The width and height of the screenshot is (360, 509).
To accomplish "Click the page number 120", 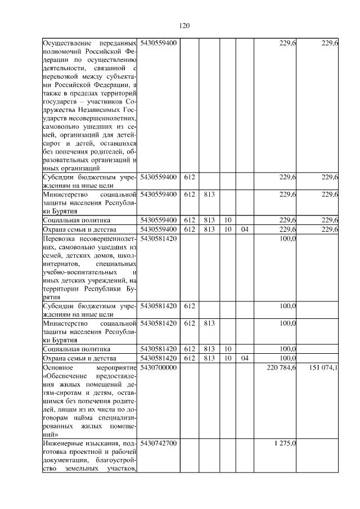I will tap(184, 25).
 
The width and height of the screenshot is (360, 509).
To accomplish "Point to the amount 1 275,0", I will tap(285, 444).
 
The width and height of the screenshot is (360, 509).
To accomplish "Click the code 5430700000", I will tap(159, 367).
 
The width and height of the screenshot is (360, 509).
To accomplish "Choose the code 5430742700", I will tap(159, 444).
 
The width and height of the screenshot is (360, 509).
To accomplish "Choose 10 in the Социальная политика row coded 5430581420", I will tap(227, 349).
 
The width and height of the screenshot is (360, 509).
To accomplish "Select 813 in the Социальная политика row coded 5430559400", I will tap(208, 220).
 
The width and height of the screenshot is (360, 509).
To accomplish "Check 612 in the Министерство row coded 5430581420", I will tap(189, 323).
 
